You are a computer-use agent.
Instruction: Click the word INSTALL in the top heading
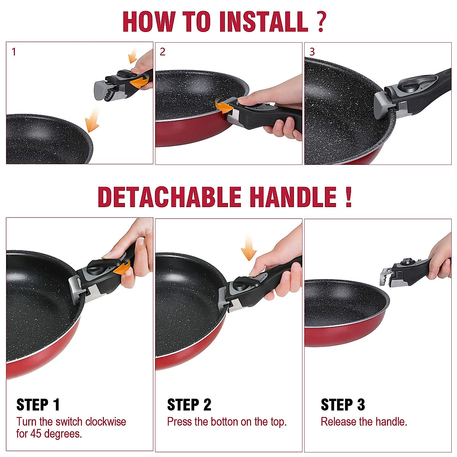click(264, 21)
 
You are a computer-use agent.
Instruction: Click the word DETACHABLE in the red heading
click(169, 197)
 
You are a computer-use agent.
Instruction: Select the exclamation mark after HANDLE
click(348, 197)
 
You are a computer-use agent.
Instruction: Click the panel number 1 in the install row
click(14, 52)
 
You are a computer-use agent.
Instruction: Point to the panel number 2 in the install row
click(163, 52)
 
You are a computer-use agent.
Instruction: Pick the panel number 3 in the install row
click(312, 52)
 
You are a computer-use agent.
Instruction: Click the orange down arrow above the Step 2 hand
click(249, 247)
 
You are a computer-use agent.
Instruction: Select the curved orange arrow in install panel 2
click(224, 107)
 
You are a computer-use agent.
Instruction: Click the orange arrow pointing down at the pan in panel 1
click(93, 118)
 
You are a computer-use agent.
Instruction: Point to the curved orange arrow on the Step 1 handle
click(123, 267)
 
